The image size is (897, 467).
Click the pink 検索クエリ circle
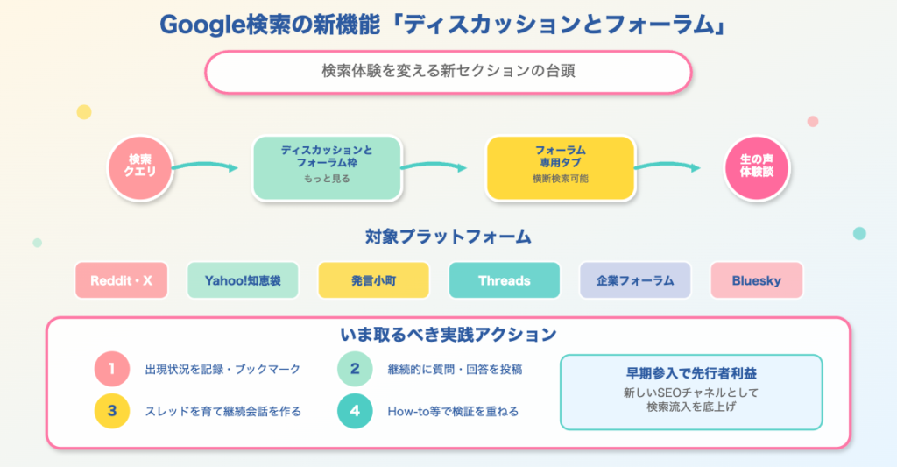coord(139,166)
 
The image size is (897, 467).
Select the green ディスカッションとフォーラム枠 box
coord(326,166)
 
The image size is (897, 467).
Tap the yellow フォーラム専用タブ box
coord(560,166)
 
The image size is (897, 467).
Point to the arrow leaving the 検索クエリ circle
coord(205,166)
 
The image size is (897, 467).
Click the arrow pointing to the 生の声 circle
coord(667,166)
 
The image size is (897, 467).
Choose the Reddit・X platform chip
coord(121,281)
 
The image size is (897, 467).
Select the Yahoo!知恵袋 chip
coord(243,281)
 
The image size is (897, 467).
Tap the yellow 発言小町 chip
coord(373,281)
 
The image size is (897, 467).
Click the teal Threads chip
coord(504,281)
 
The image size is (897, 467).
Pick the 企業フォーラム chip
coord(635,281)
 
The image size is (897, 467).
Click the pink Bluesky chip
coord(756,281)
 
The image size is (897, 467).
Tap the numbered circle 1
coord(112,369)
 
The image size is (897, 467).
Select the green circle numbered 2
coord(355,369)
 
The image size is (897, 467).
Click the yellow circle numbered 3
coord(112,411)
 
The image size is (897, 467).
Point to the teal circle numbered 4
coord(355,411)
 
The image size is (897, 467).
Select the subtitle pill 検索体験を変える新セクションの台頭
coord(448,72)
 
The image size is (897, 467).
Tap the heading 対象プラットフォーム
coord(448,237)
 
